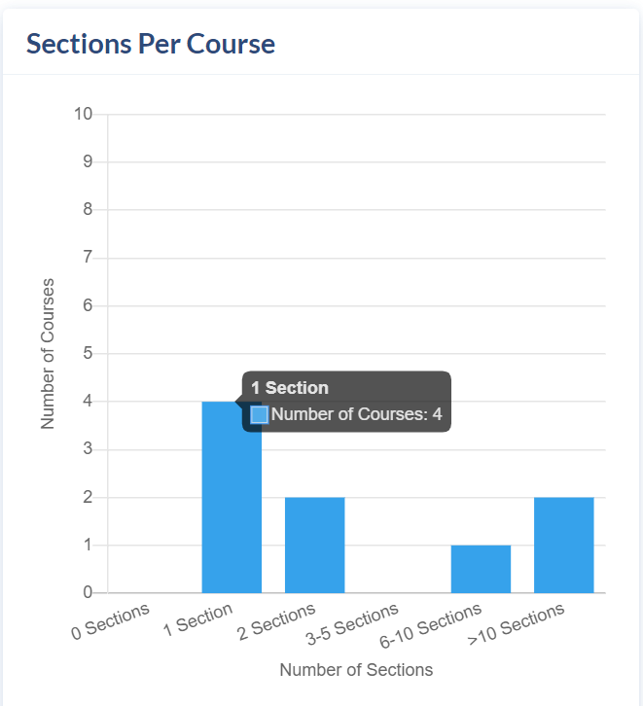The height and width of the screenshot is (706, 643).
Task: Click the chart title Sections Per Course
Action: point(150,44)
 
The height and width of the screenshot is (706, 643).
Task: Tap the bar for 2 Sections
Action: point(314,545)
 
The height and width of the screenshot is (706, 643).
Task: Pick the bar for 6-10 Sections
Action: point(481,569)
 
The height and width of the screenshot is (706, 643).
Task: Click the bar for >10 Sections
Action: point(563,545)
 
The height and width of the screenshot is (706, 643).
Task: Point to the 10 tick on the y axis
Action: point(84,114)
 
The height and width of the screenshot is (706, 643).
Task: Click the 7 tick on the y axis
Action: point(88,258)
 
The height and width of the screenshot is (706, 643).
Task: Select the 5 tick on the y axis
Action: point(88,353)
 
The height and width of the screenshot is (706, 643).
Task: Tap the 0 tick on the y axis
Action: point(88,592)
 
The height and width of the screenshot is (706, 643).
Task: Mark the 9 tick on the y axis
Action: point(88,161)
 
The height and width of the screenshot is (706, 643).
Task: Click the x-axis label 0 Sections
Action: point(111,621)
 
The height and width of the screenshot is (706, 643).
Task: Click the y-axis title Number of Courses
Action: point(48,353)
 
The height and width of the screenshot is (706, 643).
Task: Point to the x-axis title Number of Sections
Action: point(356,669)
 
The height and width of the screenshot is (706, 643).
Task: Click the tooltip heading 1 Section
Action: point(290,388)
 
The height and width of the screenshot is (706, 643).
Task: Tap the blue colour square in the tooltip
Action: point(260,414)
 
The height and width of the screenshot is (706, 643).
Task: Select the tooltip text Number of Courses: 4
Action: point(356,414)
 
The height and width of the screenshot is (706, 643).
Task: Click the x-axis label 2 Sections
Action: point(276,622)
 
